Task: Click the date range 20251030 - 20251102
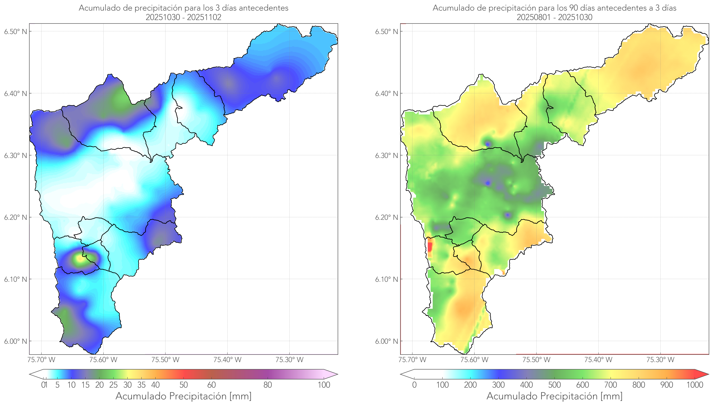click(x=183, y=17)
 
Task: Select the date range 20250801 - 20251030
click(x=554, y=17)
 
